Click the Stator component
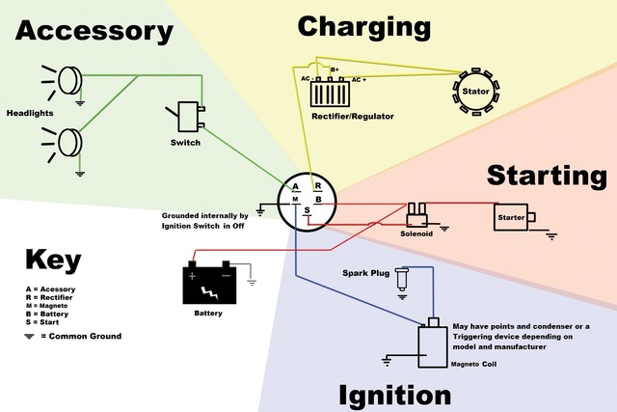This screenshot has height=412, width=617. click(x=475, y=92)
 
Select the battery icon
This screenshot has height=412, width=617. click(x=209, y=283)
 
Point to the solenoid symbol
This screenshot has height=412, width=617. click(x=416, y=214)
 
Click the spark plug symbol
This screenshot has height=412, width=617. click(x=402, y=279)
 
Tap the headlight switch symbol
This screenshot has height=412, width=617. click(x=188, y=116)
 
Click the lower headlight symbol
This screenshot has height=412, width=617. click(x=63, y=144)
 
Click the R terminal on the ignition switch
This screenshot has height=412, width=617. click(x=318, y=186)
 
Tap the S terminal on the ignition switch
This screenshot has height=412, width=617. click(x=308, y=210)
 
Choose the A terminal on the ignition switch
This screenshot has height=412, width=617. click(x=296, y=186)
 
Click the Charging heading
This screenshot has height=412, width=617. click(x=364, y=28)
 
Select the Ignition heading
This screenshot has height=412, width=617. click(x=394, y=396)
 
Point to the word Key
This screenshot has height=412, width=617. click(x=53, y=260)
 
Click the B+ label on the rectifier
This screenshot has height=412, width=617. click(x=335, y=69)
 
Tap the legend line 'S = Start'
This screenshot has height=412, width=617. click(x=42, y=322)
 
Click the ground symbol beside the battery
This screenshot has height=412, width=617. click(x=252, y=283)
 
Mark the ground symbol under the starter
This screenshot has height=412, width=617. click(x=551, y=236)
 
